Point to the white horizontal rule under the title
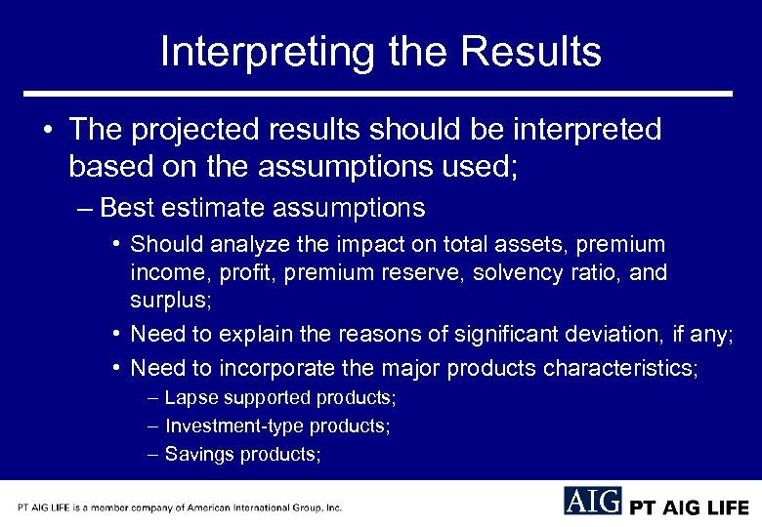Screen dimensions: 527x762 pyautogui.click(x=378, y=94)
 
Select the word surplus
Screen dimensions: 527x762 pyautogui.click(x=167, y=300)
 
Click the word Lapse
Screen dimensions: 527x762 pyautogui.click(x=189, y=398)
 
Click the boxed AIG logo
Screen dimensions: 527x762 pyautogui.click(x=592, y=501)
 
